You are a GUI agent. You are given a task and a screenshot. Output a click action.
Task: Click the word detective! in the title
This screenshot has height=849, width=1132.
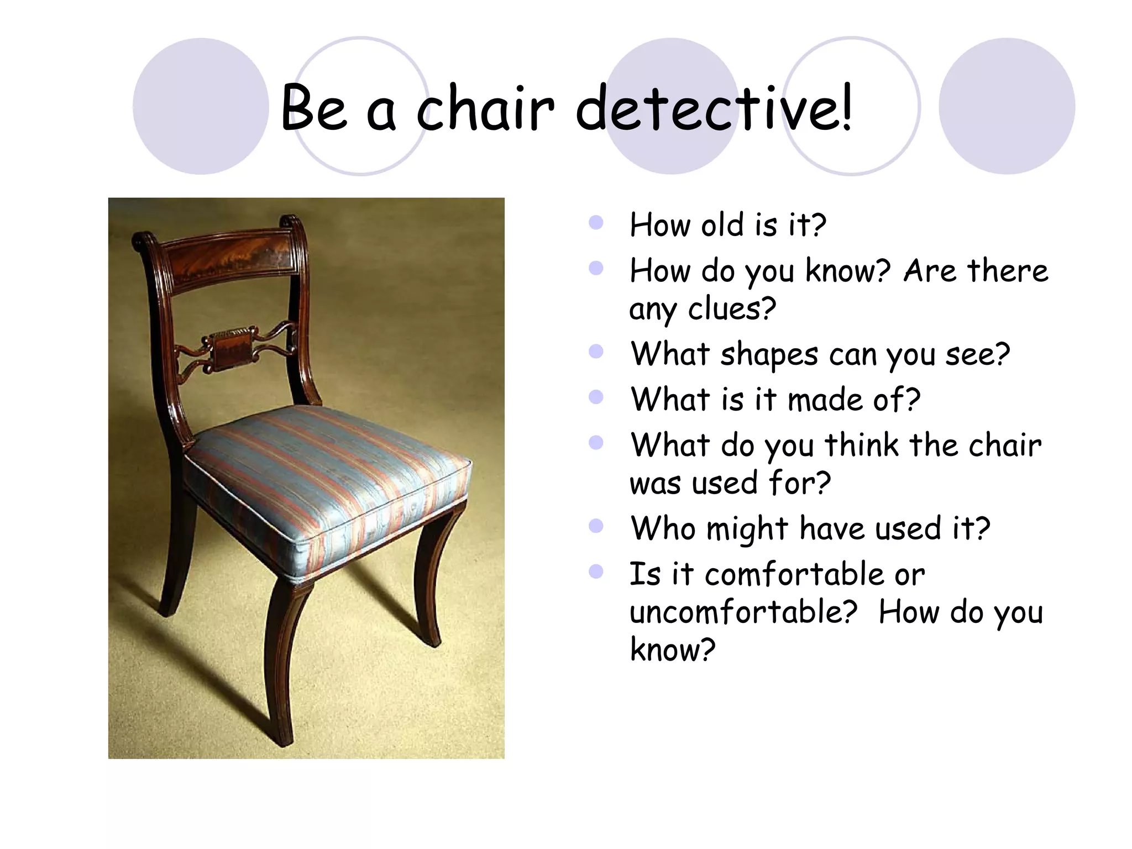714,108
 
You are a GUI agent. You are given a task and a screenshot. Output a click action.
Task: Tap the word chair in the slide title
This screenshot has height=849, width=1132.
485,108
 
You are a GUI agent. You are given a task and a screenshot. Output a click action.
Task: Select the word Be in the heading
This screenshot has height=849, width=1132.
314,108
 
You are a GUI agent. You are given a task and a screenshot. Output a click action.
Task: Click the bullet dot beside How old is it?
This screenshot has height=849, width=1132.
596,223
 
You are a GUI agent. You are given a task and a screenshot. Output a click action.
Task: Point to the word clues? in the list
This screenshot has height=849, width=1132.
732,308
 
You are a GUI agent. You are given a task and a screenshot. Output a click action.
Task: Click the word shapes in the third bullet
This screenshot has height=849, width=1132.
769,354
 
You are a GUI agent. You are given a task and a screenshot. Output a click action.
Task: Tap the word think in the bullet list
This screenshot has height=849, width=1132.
862,445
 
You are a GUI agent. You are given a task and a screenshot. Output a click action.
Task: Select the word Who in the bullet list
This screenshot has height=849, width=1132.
663,528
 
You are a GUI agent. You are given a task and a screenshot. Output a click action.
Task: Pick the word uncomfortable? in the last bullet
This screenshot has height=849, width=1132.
743,612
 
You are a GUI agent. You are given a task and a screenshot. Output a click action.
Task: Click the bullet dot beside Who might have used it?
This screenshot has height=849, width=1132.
596,526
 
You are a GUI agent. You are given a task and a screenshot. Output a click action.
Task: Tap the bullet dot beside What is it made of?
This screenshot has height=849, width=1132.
596,397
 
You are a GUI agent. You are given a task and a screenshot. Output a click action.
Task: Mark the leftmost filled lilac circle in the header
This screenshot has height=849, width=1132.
201,106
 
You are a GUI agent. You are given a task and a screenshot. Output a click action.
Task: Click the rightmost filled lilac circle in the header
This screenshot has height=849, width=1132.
1007,106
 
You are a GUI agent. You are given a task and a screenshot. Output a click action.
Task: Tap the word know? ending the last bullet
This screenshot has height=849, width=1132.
673,650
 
